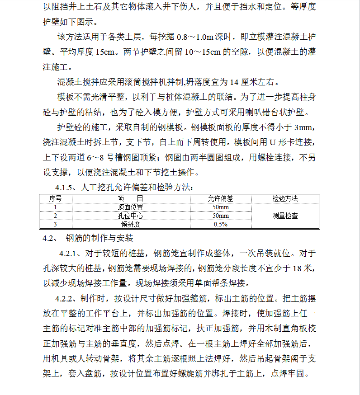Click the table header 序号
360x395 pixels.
[x=55, y=198]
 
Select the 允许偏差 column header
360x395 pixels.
[x=220, y=198]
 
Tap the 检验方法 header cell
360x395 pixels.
[x=285, y=198]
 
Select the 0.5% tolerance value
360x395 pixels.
[x=220, y=224]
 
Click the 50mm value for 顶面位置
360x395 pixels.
[x=220, y=207]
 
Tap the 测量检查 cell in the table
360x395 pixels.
[x=285, y=216]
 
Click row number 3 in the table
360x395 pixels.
[x=55, y=224]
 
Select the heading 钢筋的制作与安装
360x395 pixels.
[x=99, y=238]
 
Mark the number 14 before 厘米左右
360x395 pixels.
[x=234, y=82]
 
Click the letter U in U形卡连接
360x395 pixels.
[x=272, y=142]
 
